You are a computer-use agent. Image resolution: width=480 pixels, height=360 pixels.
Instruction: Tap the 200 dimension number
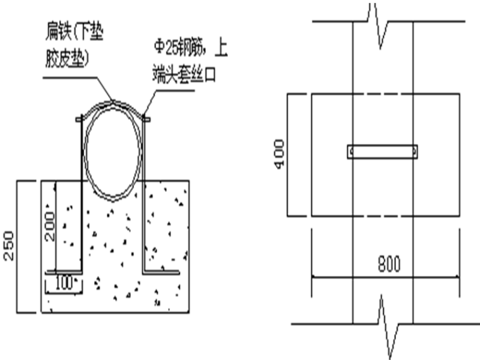tap(51, 226)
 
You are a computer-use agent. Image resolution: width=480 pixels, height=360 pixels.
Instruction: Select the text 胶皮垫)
tap(67, 59)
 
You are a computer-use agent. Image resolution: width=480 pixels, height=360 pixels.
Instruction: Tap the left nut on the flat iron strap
tap(80, 118)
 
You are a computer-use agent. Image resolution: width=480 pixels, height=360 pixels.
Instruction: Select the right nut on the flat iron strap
tap(147, 118)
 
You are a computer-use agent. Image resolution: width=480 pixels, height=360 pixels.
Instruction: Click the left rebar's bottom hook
tap(63, 272)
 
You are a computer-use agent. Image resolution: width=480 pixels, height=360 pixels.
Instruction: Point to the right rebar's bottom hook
tap(162, 272)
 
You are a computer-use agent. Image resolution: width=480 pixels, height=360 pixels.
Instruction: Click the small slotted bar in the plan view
tap(382, 152)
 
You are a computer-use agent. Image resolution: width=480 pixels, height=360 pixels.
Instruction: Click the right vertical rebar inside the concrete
tap(144, 227)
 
